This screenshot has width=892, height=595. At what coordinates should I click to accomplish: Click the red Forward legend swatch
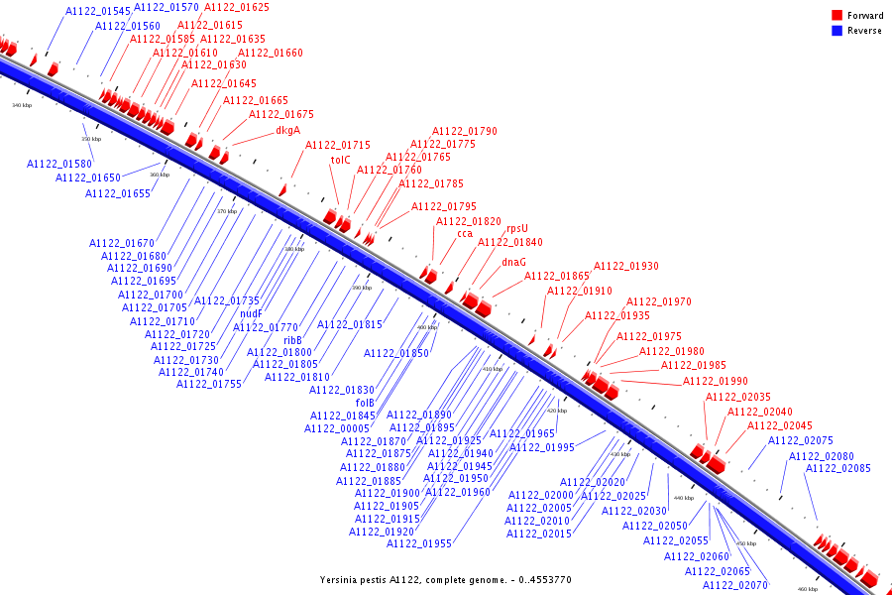tap(836, 16)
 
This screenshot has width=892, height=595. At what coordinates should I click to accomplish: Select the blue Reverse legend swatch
tap(836, 31)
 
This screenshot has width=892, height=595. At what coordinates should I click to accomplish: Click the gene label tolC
tap(341, 160)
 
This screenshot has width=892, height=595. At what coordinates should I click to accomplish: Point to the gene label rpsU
tap(517, 228)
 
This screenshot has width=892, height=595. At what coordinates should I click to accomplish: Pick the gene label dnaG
tap(513, 263)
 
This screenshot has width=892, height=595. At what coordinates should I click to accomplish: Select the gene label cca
tap(465, 235)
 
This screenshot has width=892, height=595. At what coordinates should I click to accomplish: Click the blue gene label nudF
tap(251, 314)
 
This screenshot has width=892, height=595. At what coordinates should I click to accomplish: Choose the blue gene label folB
tap(365, 403)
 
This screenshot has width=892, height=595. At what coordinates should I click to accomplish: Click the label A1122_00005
tap(337, 428)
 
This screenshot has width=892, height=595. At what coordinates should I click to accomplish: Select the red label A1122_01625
tap(236, 7)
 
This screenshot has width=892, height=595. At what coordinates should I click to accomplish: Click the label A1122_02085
tap(837, 468)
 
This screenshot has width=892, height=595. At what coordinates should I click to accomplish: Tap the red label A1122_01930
tap(625, 267)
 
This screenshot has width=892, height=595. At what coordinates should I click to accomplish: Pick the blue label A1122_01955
tap(419, 543)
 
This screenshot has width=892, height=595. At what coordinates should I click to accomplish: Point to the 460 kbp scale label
tap(808, 589)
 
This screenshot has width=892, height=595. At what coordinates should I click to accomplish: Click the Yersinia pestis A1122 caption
tap(446, 579)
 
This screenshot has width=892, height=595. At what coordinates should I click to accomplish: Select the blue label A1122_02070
tap(735, 585)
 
